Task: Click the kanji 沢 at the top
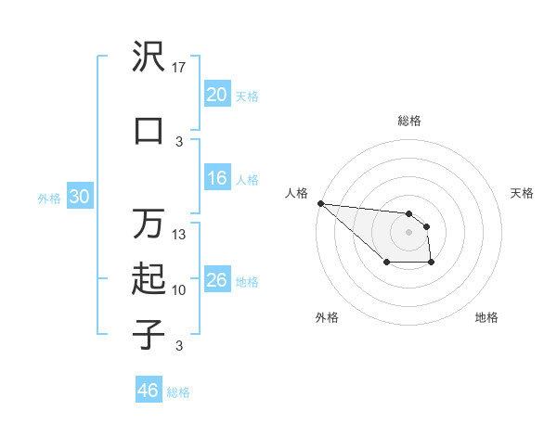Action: pyautogui.click(x=149, y=58)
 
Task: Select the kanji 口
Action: pyautogui.click(x=149, y=130)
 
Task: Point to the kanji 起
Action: pyautogui.click(x=149, y=279)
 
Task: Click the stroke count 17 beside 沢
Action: pyautogui.click(x=179, y=67)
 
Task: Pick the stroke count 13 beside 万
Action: pyautogui.click(x=179, y=235)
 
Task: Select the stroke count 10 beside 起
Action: pyautogui.click(x=179, y=290)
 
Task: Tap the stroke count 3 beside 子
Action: pyautogui.click(x=179, y=346)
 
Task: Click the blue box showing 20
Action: pyautogui.click(x=216, y=94)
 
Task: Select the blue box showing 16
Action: pyautogui.click(x=216, y=178)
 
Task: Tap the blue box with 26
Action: pyautogui.click(x=216, y=279)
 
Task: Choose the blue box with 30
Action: pyautogui.click(x=79, y=197)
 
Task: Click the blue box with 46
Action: pyautogui.click(x=149, y=391)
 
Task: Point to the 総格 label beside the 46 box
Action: pyautogui.click(x=178, y=392)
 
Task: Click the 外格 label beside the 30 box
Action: pyautogui.click(x=48, y=199)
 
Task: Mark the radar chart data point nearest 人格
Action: pyautogui.click(x=320, y=203)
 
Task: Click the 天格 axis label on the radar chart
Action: pyautogui.click(x=522, y=193)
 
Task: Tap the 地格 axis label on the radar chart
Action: pyautogui.click(x=486, y=317)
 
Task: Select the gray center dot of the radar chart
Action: pyautogui.click(x=408, y=231)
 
